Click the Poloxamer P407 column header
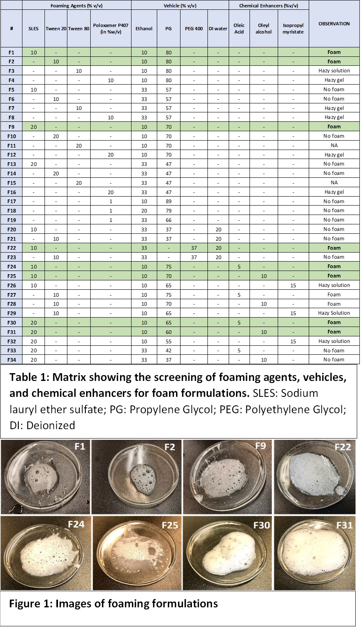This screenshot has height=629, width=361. coord(111,29)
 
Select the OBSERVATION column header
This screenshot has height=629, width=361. coord(334,24)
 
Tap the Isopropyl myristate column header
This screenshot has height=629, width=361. coord(293,29)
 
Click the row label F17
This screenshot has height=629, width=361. coord(11,201)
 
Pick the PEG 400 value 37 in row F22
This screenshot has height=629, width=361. coord(194,248)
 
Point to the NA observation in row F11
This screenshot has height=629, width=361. coord(334,145)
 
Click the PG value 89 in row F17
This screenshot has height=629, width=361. coord(168,201)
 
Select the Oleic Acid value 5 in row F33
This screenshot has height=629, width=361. coord(239,350)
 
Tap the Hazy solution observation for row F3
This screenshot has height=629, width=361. coord(334,71)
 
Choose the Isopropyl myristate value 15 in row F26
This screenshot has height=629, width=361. coord(293,285)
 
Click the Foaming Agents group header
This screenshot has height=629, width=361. coord(77,6)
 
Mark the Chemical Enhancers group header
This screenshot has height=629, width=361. coord(268,6)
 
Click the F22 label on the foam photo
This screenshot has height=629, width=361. coord(342,447)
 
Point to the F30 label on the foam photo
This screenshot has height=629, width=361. coord(261,525)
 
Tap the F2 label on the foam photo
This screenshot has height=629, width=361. coord(169,447)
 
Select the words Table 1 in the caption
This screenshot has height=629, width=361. coord(29,377)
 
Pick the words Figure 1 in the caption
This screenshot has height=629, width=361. coord(30,603)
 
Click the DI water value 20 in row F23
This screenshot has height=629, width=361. coord(218,257)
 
